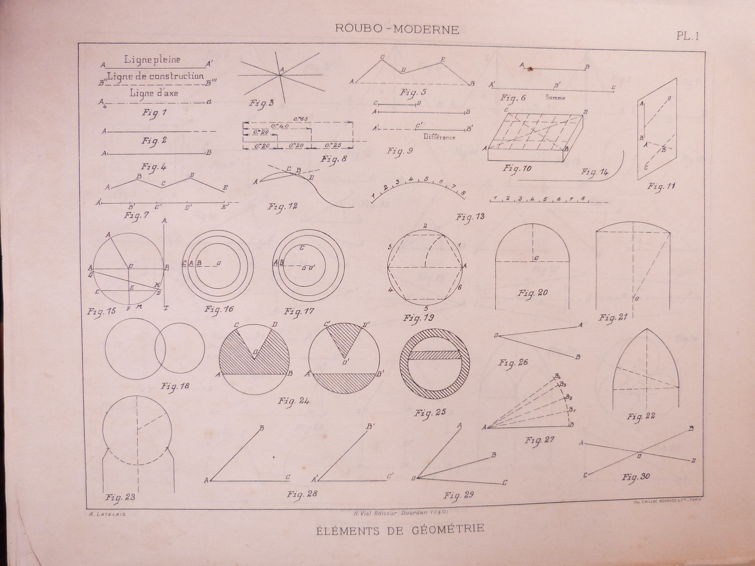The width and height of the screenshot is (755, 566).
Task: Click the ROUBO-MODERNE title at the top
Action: (397, 29)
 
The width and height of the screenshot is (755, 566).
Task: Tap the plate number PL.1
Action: (687, 36)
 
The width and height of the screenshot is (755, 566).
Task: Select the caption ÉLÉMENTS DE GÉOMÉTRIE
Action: (400, 529)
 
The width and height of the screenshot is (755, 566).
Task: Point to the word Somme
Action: (555, 98)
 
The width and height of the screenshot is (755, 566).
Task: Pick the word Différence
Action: (439, 137)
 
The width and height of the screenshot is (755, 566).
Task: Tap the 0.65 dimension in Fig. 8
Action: (300, 119)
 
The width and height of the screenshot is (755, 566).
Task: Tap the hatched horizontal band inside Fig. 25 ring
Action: (434, 355)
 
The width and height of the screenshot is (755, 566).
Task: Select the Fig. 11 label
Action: (661, 187)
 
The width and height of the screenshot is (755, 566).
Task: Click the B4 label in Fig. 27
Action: (557, 376)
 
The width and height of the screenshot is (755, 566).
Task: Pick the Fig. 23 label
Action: (120, 497)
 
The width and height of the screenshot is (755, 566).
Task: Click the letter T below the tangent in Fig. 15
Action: (166, 308)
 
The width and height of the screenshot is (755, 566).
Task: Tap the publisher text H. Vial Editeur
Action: (396, 512)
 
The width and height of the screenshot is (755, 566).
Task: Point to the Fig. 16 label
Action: (219, 309)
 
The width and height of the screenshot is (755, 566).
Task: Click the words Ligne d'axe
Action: (154, 93)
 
